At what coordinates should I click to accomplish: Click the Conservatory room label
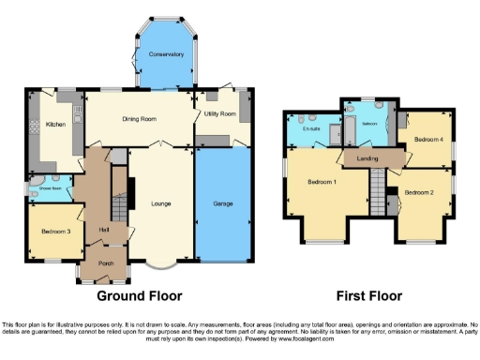point(166,54)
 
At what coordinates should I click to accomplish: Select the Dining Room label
point(139,119)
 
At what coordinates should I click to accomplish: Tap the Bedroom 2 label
point(419,192)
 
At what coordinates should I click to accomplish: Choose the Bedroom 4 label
point(427,139)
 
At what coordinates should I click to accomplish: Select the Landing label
point(368,158)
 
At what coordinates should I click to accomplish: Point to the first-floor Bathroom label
point(369,122)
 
